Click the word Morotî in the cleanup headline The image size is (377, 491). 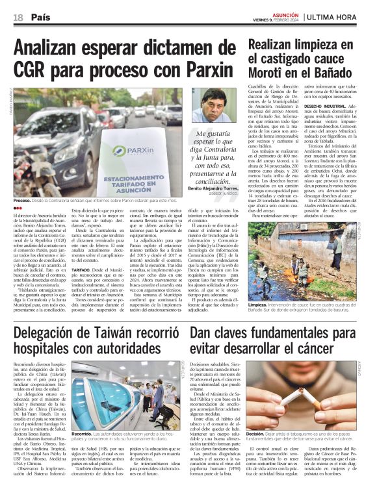tap(282, 73)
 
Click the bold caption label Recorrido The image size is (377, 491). tap(83, 433)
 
